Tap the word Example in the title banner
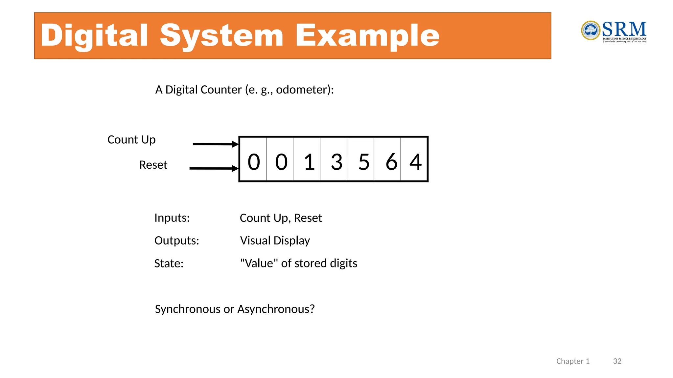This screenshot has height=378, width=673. tap(367, 35)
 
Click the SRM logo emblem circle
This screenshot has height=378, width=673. tap(591, 31)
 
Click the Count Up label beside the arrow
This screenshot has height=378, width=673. tap(131, 140)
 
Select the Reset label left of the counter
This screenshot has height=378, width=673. tap(153, 165)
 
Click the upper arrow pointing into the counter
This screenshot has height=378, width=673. tap(215, 144)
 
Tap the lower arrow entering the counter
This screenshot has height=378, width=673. tap(214, 168)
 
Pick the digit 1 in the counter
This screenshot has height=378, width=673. tap(309, 162)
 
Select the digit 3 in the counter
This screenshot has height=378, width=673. tap(336, 162)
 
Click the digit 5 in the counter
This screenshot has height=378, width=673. tap(364, 162)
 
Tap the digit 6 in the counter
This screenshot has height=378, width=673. tap(391, 162)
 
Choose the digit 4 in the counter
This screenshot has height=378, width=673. tap(415, 162)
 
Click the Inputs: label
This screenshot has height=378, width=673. tap(172, 218)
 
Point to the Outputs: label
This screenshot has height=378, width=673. tap(176, 241)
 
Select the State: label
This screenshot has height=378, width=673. tap(169, 263)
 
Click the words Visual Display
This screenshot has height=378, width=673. tap(275, 241)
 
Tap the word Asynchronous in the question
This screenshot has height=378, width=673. tap(276, 309)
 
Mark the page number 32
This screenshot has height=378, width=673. tap(617, 361)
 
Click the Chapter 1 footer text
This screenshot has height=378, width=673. tap(573, 361)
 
